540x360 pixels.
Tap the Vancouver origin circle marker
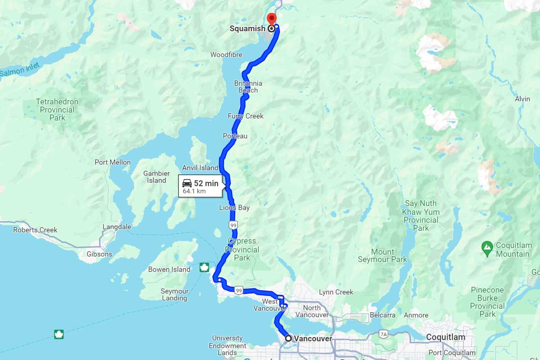pyautogui.click(x=288, y=338)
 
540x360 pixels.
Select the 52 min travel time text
pyautogui.click(x=206, y=183)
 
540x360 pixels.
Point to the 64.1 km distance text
pyautogui.click(x=194, y=191)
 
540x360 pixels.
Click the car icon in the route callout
pyautogui.click(x=187, y=183)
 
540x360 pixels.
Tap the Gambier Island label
pyautogui.click(x=157, y=177)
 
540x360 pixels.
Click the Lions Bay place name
pyautogui.click(x=234, y=208)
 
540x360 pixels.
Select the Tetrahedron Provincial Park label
pyautogui.click(x=57, y=110)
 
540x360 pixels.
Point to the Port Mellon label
pyautogui.click(x=112, y=162)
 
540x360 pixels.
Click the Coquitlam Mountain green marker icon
pyautogui.click(x=486, y=247)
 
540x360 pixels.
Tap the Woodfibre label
pyautogui.click(x=226, y=55)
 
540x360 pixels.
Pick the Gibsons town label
pyautogui.click(x=99, y=254)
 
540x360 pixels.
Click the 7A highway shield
pyautogui.click(x=383, y=334)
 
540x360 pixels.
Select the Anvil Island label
pyautogui.click(x=200, y=168)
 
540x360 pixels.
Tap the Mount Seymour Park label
pyautogui.click(x=382, y=256)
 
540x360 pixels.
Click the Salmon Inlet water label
pyautogui.click(x=20, y=69)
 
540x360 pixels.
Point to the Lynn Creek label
pyautogui.click(x=336, y=292)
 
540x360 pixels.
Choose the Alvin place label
pyautogui.click(x=522, y=99)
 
